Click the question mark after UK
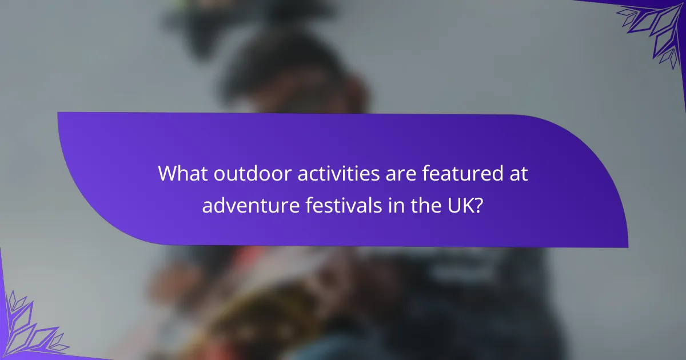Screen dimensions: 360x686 [x=478, y=205]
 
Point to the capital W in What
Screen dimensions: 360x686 [x=167, y=174]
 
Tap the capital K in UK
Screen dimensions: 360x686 [x=468, y=205]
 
